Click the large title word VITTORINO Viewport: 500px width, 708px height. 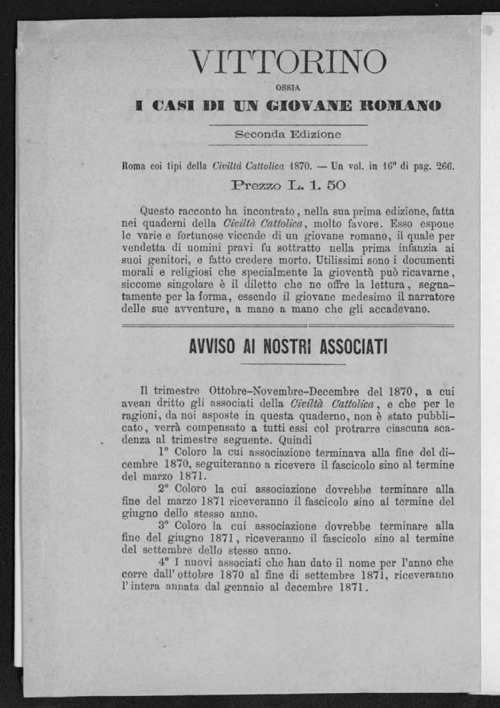(288, 63)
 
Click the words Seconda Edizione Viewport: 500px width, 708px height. (288, 135)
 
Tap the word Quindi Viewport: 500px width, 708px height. (295, 441)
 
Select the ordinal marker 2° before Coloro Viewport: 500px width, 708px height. (164, 489)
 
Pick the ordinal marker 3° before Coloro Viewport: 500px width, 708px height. (164, 526)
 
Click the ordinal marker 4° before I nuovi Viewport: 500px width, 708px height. (164, 563)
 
